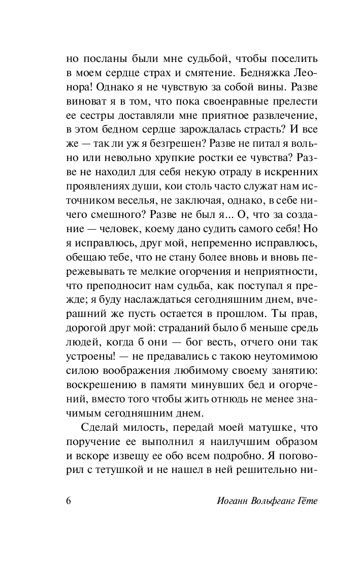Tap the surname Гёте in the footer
click(305, 500)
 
